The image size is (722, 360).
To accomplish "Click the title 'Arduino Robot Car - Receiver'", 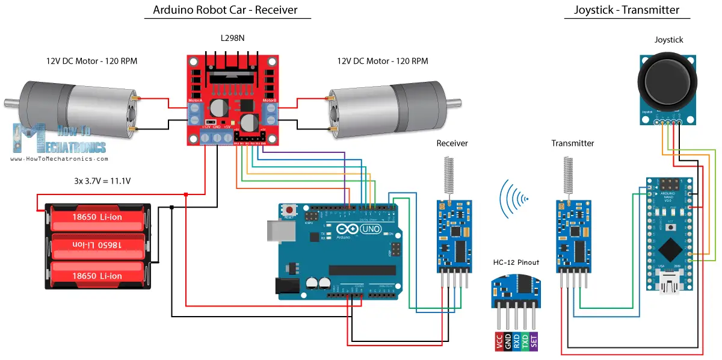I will pyautogui.click(x=225, y=10).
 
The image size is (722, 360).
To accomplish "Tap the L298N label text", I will pyautogui.click(x=233, y=39).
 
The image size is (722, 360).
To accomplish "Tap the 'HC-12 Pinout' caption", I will pyautogui.click(x=515, y=262).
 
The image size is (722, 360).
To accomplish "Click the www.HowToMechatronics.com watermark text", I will pyautogui.click(x=59, y=159).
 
